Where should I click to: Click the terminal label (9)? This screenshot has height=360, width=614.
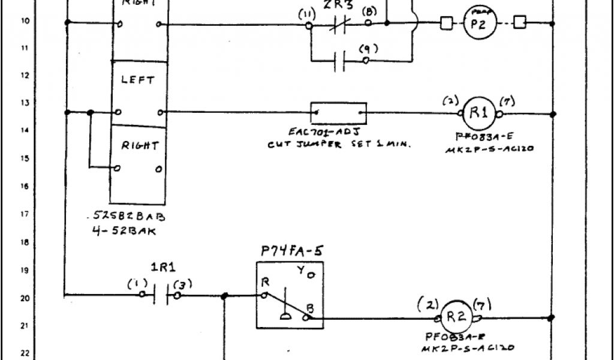pos(364,50)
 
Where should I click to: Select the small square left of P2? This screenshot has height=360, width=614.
pos(446,23)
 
